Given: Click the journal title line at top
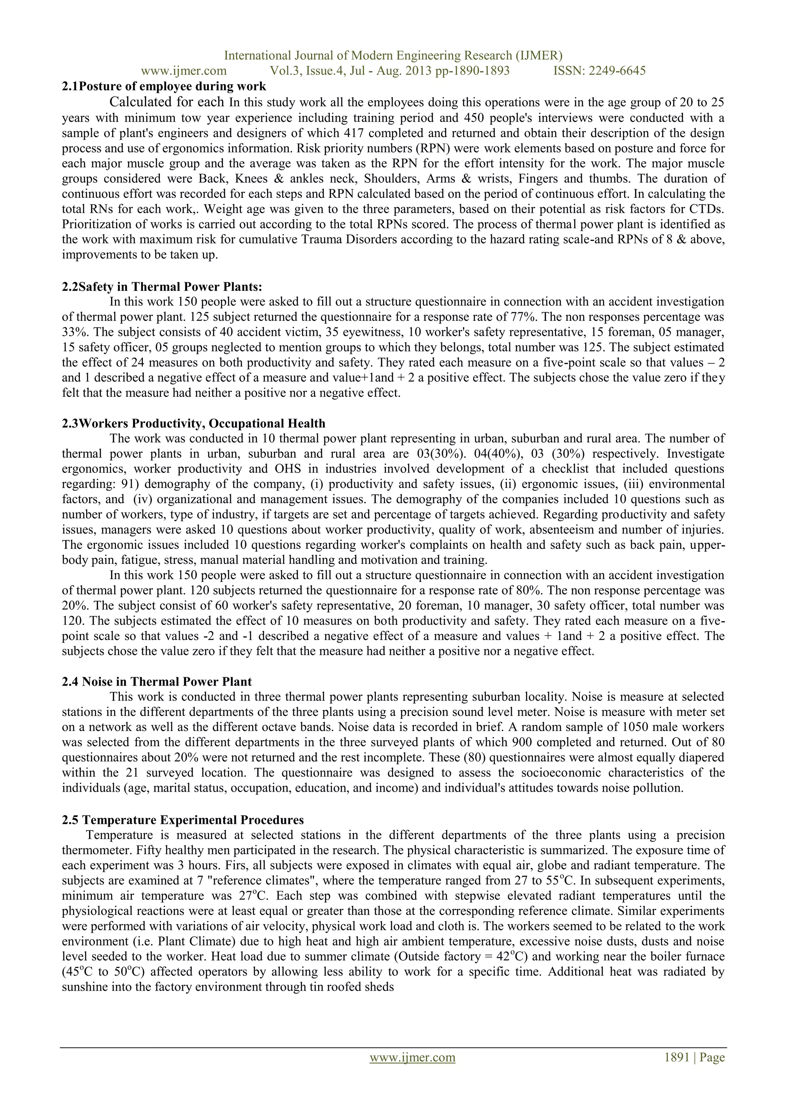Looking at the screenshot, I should (393, 55).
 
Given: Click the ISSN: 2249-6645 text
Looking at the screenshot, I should (599, 71).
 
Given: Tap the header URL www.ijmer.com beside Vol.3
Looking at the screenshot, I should (184, 71).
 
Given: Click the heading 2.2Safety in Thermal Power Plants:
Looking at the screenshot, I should (162, 287).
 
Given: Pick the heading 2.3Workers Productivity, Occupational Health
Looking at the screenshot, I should (193, 423).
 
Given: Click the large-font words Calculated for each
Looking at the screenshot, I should (167, 102).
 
